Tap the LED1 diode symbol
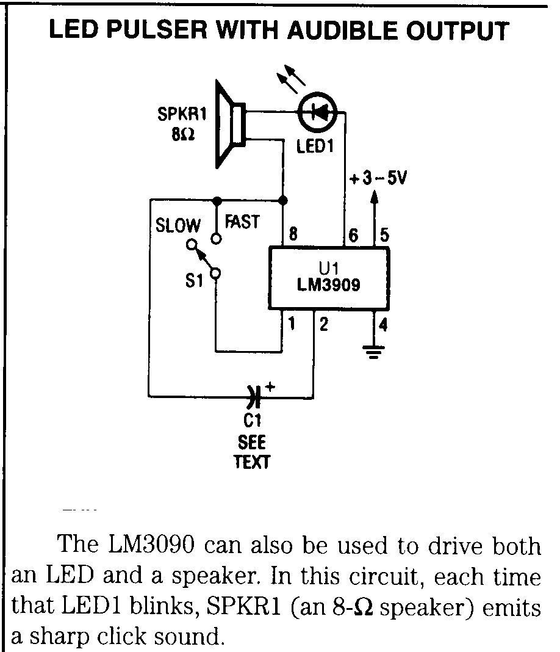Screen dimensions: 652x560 [317, 112]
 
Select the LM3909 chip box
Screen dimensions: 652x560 [329, 278]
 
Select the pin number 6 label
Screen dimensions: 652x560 [353, 235]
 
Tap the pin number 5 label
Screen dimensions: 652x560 [384, 235]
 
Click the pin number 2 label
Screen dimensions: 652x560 [324, 324]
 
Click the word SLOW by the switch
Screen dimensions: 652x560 [178, 225]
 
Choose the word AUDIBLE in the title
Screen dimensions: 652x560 [342, 31]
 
